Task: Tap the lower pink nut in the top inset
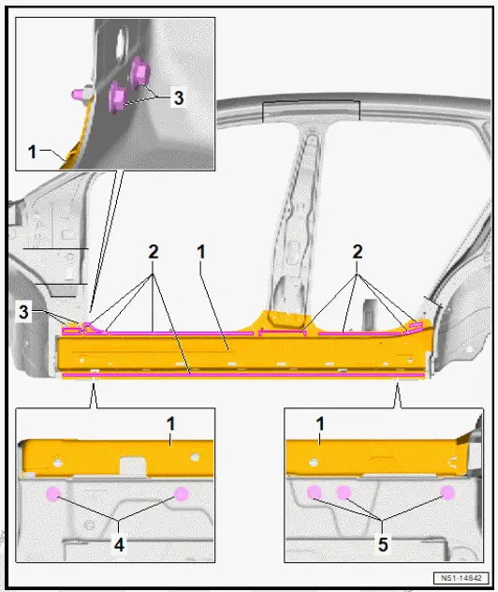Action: (120, 95)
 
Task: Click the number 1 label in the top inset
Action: (33, 151)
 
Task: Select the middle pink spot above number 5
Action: (344, 493)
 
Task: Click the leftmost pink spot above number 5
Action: (315, 493)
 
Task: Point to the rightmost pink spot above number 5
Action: (448, 493)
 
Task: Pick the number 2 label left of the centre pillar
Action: (153, 251)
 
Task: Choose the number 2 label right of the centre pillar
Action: (357, 251)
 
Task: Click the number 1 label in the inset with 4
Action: (171, 424)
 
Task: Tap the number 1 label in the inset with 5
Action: (320, 424)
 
